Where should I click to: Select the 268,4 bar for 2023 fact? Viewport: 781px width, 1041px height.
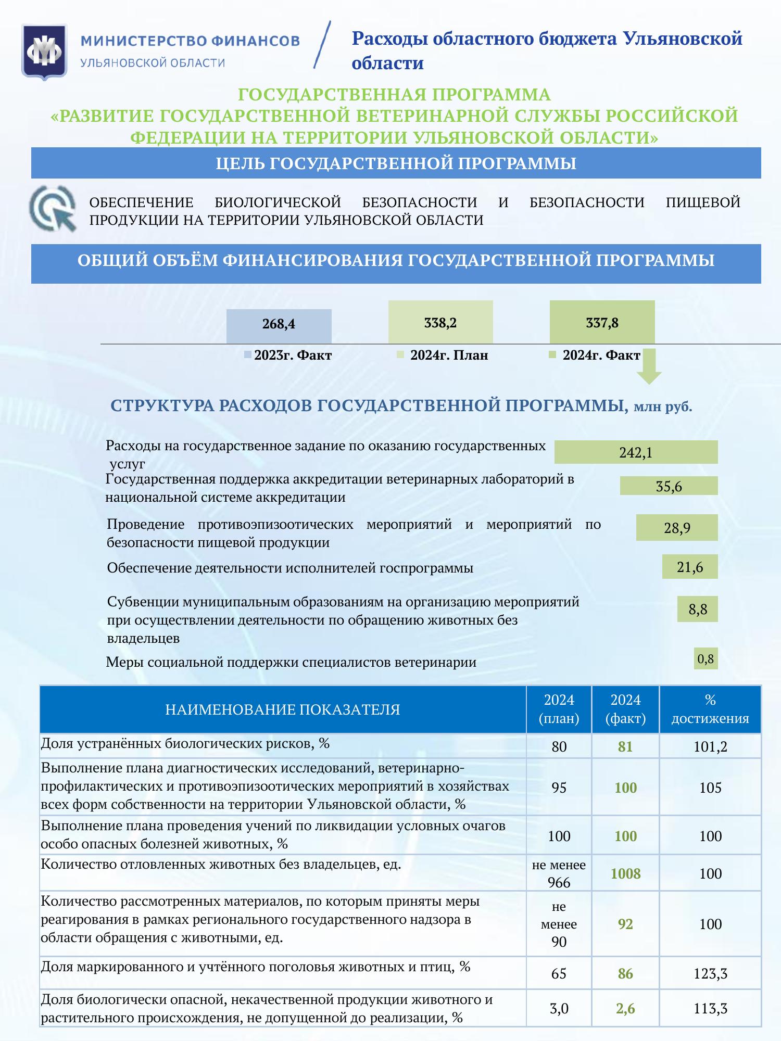click(279, 326)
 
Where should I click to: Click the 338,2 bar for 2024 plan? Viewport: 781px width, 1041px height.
click(440, 322)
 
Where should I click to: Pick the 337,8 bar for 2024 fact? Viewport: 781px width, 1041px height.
click(602, 322)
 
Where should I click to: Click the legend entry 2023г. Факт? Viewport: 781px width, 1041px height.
click(288, 356)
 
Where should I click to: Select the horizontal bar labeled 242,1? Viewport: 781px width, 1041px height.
click(636, 452)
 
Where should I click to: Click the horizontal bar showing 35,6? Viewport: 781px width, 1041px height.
click(669, 486)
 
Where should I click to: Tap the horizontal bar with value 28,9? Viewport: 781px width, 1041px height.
click(677, 527)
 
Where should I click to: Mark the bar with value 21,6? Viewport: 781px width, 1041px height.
click(690, 566)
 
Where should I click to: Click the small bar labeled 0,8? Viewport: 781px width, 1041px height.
click(706, 658)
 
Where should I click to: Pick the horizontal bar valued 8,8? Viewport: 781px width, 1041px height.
click(697, 608)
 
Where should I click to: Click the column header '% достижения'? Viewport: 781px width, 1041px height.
click(710, 709)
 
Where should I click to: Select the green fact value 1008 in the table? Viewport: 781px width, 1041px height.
click(625, 873)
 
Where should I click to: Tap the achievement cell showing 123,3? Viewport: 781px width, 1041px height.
click(710, 973)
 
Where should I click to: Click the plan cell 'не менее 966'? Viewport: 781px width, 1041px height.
click(559, 873)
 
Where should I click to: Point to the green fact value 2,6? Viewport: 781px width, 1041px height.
click(625, 1008)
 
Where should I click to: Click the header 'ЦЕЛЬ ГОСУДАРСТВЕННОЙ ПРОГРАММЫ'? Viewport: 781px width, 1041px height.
click(396, 163)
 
